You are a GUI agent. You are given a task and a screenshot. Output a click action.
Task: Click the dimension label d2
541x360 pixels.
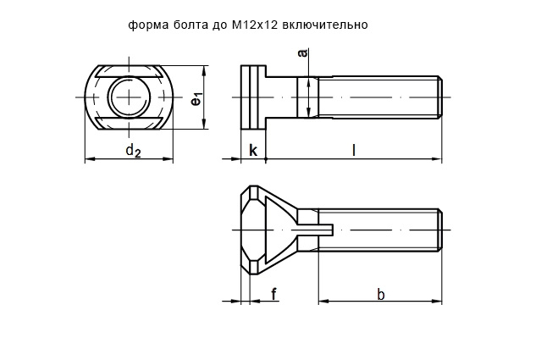click(132, 151)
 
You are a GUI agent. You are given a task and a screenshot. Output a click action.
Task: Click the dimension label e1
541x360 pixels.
click(196, 98)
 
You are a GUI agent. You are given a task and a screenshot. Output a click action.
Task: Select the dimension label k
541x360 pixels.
click(252, 151)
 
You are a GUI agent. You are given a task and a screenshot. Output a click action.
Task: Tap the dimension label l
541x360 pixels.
click(353, 150)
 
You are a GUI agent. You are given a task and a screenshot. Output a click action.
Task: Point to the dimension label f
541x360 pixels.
click(273, 294)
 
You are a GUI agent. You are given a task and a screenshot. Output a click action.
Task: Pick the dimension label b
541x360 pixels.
click(380, 294)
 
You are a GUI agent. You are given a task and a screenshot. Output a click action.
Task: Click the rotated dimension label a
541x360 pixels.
click(302, 54)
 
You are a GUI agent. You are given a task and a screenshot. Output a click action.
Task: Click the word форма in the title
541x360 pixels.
click(147, 25)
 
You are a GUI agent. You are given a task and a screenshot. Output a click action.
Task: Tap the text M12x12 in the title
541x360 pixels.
click(254, 25)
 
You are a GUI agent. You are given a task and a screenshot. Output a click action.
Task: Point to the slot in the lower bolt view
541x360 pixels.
click(317, 227)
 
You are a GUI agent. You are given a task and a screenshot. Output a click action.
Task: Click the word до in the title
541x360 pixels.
click(218, 25)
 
